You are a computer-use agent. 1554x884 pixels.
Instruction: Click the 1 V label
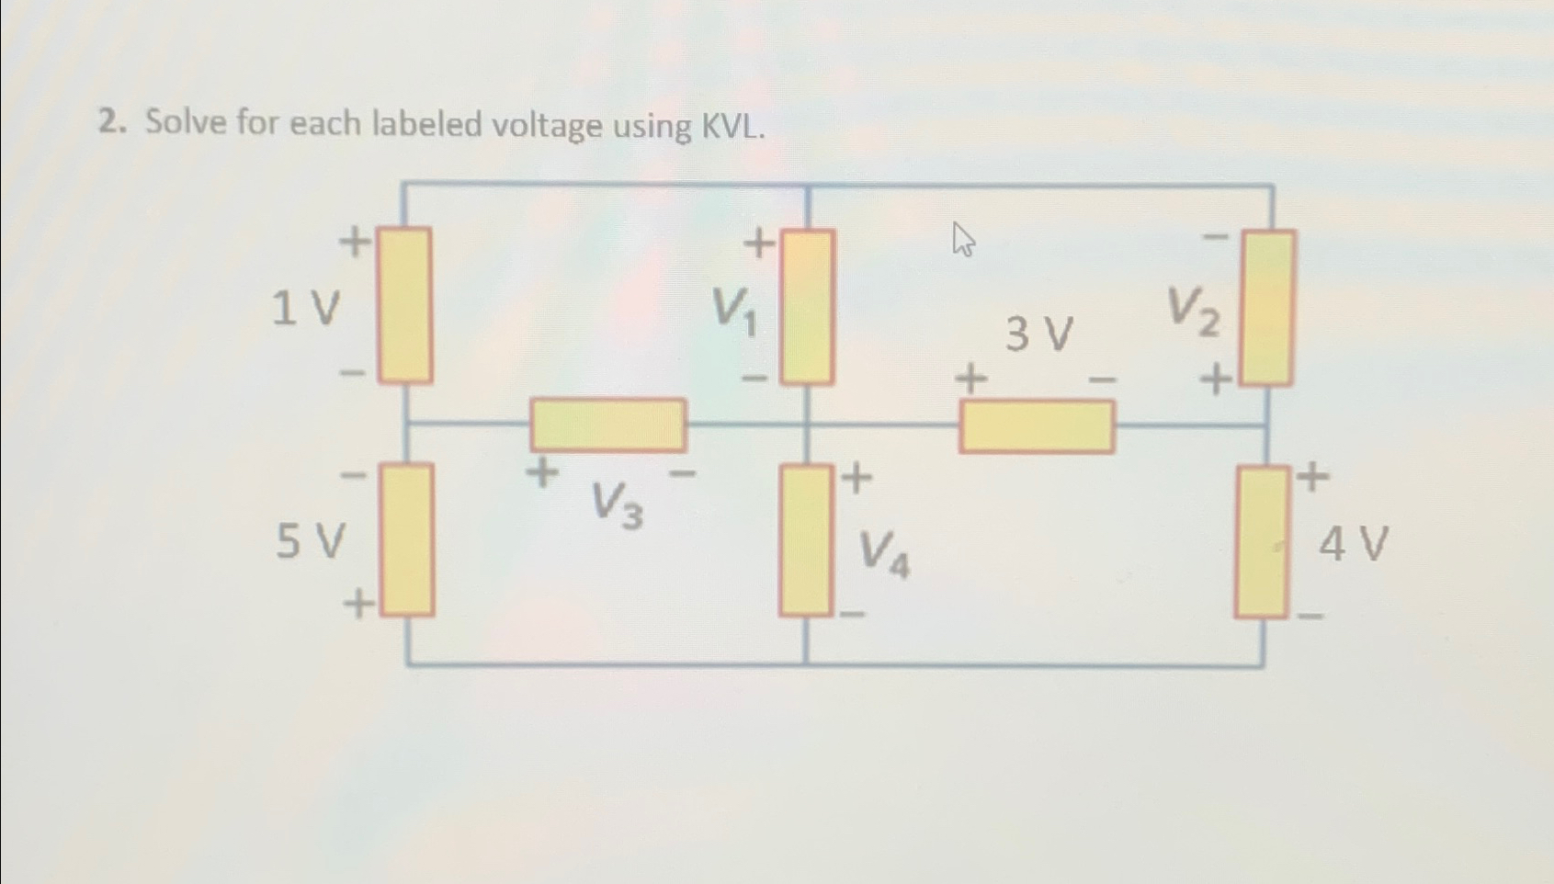click(306, 308)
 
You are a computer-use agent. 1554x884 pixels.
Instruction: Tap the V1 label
click(736, 310)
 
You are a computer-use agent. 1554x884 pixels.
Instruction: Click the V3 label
click(617, 505)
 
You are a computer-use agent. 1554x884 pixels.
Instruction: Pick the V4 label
click(884, 555)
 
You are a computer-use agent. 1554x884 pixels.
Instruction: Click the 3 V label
click(1038, 334)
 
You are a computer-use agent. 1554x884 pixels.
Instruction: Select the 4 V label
click(1353, 544)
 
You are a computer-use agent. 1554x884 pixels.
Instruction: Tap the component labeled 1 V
click(405, 304)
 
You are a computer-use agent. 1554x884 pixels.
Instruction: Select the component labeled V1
click(808, 306)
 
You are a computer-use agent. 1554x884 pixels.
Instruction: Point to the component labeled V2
click(1268, 307)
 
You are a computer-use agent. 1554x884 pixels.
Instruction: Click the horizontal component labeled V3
click(607, 425)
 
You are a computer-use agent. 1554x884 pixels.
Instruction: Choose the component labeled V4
click(805, 539)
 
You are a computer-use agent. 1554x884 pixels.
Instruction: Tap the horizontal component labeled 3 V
click(1037, 427)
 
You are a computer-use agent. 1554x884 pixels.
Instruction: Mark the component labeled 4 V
click(1262, 541)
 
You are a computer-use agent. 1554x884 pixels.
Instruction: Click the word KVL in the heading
click(732, 127)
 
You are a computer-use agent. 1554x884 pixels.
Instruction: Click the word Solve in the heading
click(186, 121)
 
